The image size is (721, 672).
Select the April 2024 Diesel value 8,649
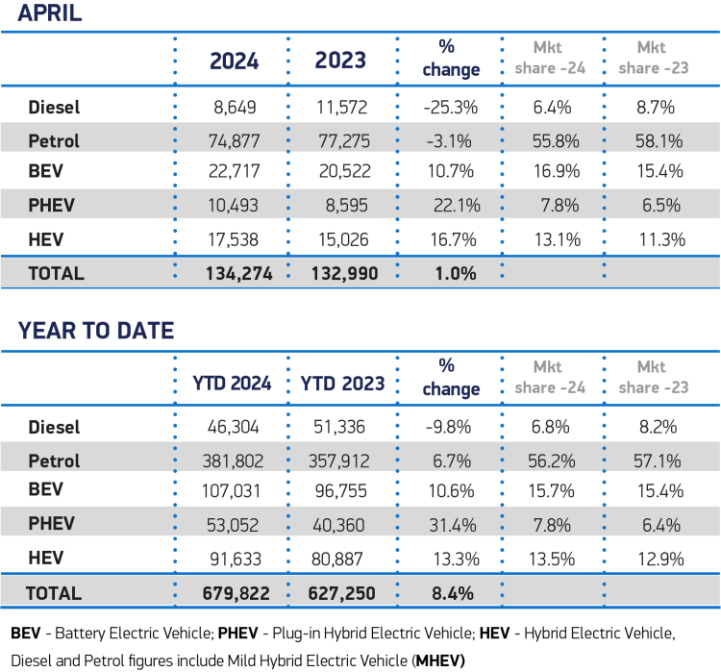235,108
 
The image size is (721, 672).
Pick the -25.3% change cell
447,108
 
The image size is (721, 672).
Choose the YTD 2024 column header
236,383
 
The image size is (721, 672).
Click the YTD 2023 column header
342,383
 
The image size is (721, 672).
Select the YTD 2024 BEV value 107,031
235,491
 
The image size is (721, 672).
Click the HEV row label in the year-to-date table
46,558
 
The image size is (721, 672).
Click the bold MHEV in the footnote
439,660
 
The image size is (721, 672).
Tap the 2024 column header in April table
235,60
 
